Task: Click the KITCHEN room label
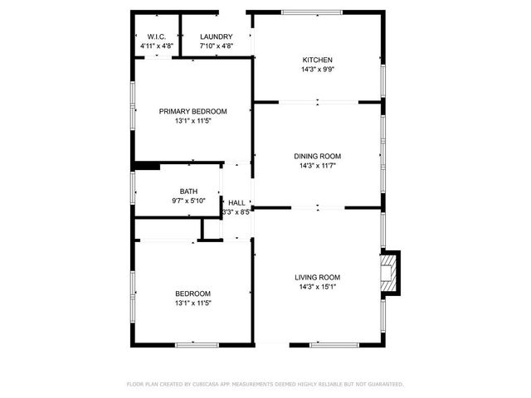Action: (317, 60)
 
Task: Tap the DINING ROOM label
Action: (317, 156)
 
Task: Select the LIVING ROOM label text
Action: (317, 277)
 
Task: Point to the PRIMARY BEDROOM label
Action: (192, 111)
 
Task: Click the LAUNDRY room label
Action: (216, 36)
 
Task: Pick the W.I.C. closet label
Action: (157, 36)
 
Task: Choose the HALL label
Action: (236, 203)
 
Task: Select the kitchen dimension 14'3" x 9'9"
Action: (317, 70)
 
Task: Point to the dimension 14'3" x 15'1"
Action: (317, 287)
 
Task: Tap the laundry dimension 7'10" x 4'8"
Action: (216, 46)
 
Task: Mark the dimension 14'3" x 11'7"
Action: (317, 165)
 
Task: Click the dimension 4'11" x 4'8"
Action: (157, 46)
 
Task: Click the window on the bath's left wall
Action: (133, 186)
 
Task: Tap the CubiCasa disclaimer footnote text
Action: (265, 384)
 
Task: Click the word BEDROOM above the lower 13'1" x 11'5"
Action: (192, 294)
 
